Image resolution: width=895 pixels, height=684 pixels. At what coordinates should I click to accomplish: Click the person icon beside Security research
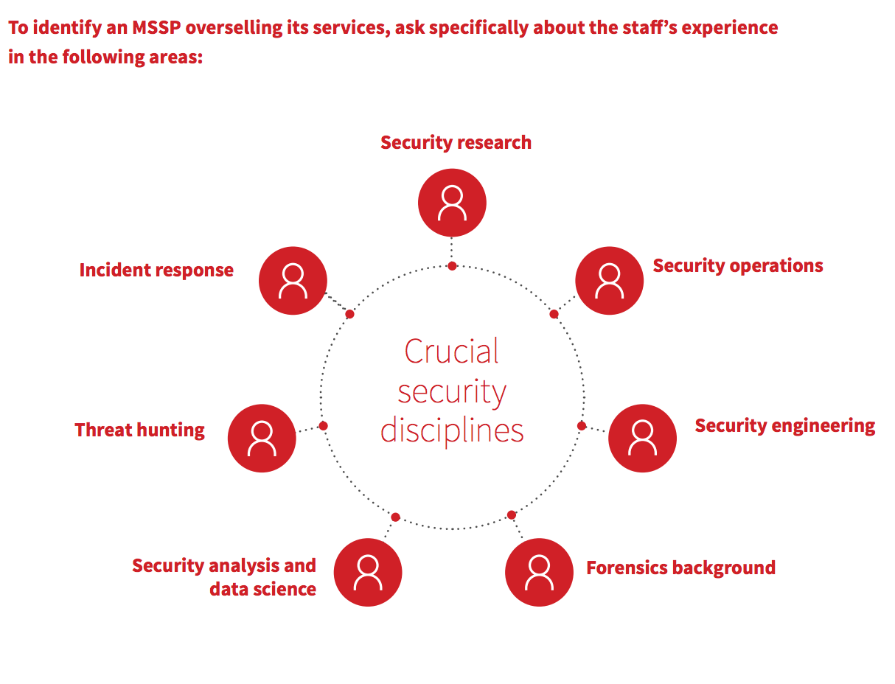[x=452, y=203]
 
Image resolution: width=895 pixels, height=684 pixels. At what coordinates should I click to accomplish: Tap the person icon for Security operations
[x=609, y=281]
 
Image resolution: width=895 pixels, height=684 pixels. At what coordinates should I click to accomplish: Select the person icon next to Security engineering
[x=642, y=438]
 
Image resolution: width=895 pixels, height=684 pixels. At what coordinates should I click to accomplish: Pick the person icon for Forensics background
[x=539, y=572]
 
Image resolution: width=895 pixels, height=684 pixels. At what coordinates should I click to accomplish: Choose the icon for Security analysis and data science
[x=367, y=572]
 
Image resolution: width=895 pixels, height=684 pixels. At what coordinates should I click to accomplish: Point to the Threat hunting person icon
[x=262, y=438]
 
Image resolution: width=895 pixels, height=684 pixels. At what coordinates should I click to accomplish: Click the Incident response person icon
[x=293, y=281]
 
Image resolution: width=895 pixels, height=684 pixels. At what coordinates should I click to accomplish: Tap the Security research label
[x=456, y=142]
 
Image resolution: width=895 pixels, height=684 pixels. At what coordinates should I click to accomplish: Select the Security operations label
[x=737, y=266]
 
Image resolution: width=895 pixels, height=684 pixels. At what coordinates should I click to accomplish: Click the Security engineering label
[x=784, y=426]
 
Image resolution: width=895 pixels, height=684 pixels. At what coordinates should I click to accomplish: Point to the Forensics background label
[x=680, y=568]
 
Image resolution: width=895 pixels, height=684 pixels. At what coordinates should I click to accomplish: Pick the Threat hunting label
[x=140, y=430]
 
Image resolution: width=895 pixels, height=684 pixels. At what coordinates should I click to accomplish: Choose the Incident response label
[x=156, y=271]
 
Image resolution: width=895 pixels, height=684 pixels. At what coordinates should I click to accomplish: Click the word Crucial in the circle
[x=451, y=351]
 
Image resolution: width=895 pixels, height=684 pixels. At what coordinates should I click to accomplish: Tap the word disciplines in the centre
[x=451, y=430]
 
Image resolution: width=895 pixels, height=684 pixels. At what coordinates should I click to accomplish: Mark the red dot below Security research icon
[x=452, y=265]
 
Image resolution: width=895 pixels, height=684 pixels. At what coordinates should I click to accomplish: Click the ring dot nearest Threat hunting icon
[x=323, y=425]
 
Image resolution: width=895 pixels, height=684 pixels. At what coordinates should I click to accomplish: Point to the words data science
[x=262, y=590]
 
